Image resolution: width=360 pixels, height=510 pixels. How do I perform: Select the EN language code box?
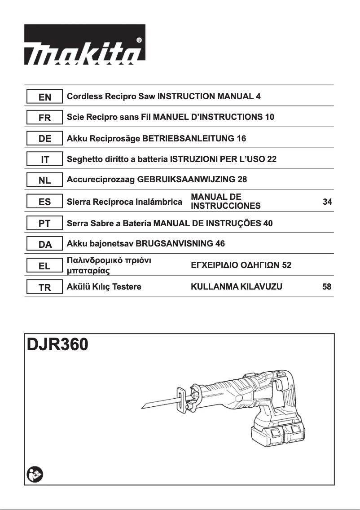coord(44,97)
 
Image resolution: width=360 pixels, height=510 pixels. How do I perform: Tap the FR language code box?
coord(44,118)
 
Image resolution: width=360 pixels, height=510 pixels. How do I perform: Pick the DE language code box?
coord(44,139)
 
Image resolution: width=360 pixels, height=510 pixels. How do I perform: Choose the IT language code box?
coord(44,160)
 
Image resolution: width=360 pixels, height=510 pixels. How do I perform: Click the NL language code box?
coord(44,180)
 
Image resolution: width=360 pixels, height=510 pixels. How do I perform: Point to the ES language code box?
coord(44,202)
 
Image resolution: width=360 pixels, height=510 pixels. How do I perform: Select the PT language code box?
coord(44,223)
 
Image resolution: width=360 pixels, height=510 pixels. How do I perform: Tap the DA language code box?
coord(44,244)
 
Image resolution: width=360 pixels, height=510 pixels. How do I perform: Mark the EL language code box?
coord(44,266)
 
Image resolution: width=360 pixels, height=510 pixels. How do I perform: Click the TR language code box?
coord(44,287)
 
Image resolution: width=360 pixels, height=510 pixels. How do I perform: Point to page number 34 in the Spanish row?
coord(327,202)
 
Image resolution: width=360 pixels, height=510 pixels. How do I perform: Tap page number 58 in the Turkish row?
coord(327,287)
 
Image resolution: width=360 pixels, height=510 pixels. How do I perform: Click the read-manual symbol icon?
coord(34,474)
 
